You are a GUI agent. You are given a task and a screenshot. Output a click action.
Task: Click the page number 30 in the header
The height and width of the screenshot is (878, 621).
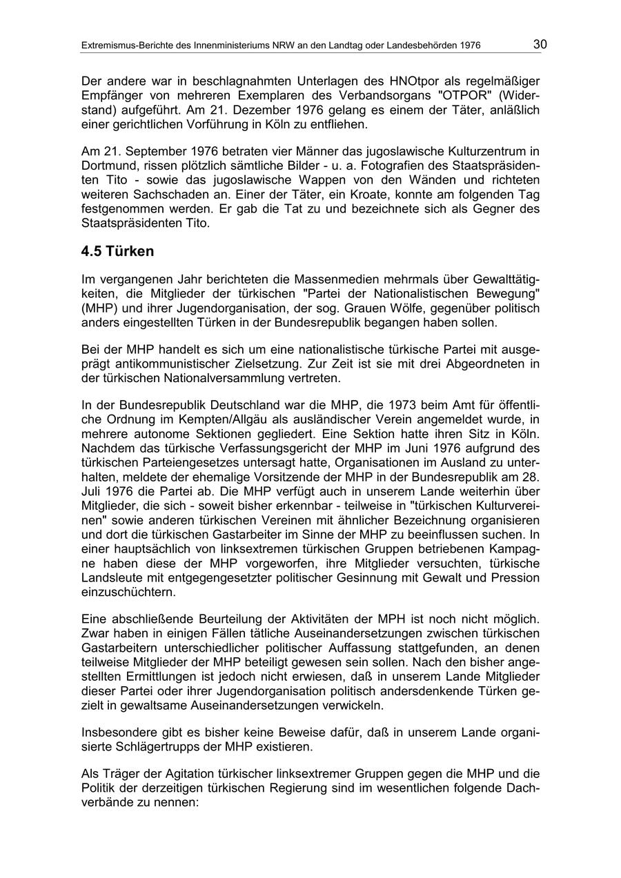pyautogui.click(x=540, y=45)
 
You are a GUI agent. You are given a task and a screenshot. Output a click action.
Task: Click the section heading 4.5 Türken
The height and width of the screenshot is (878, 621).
pyautogui.click(x=117, y=252)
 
